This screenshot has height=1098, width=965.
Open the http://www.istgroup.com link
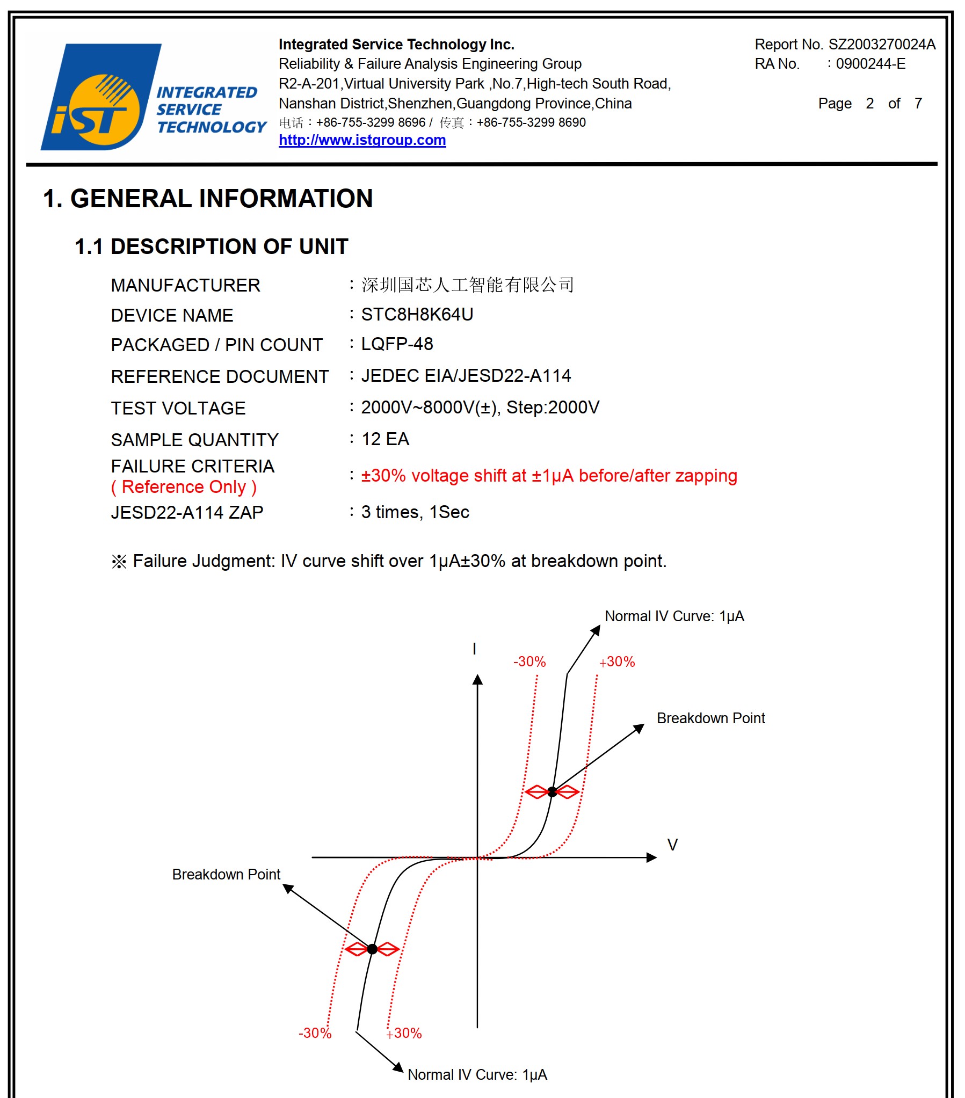click(361, 140)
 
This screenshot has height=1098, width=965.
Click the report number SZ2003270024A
click(881, 45)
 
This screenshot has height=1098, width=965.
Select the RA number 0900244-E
click(870, 64)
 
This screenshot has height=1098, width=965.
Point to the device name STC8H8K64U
click(416, 315)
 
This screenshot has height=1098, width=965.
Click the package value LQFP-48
click(396, 344)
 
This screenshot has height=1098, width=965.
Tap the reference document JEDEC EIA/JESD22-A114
click(465, 376)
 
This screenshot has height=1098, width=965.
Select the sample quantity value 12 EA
click(384, 439)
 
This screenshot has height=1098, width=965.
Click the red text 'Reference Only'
click(184, 487)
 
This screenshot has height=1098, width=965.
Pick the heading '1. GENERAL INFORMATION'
click(207, 199)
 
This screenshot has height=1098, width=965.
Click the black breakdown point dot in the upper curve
click(552, 792)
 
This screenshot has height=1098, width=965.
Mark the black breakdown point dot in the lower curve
click(372, 949)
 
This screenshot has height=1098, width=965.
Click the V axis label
click(672, 845)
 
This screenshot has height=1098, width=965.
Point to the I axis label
click(474, 649)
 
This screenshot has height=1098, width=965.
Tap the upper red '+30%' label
click(617, 662)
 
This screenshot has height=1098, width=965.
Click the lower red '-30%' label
click(315, 1033)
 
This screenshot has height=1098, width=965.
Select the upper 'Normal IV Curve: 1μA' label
click(674, 616)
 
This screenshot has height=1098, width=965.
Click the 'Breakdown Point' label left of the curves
click(226, 875)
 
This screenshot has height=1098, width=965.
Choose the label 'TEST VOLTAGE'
click(178, 408)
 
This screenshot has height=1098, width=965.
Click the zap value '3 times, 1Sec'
click(415, 512)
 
